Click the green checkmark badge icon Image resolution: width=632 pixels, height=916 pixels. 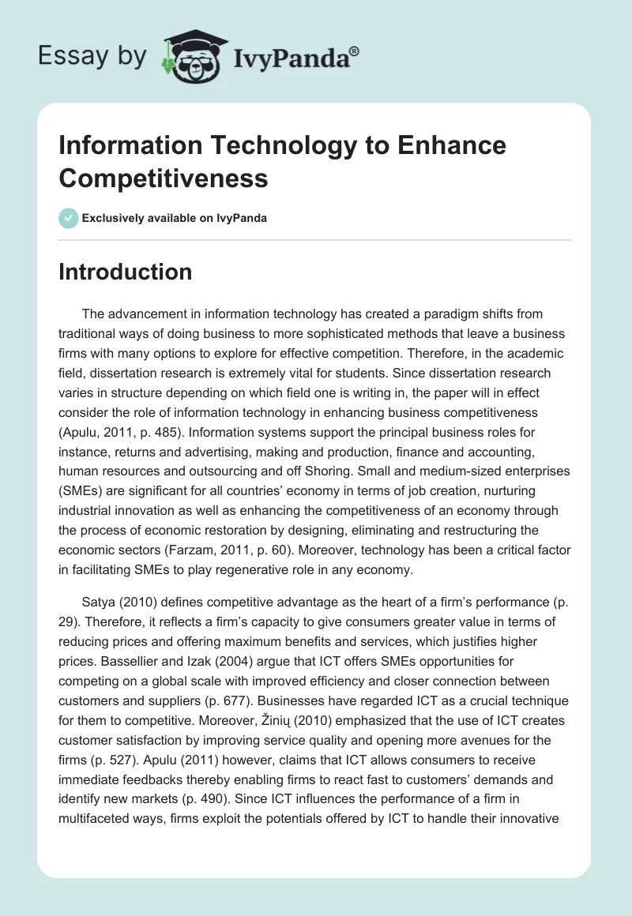pyautogui.click(x=68, y=218)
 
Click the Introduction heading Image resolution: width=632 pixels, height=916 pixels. pyautogui.click(x=125, y=272)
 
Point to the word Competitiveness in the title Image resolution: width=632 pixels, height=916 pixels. pyautogui.click(x=164, y=178)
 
